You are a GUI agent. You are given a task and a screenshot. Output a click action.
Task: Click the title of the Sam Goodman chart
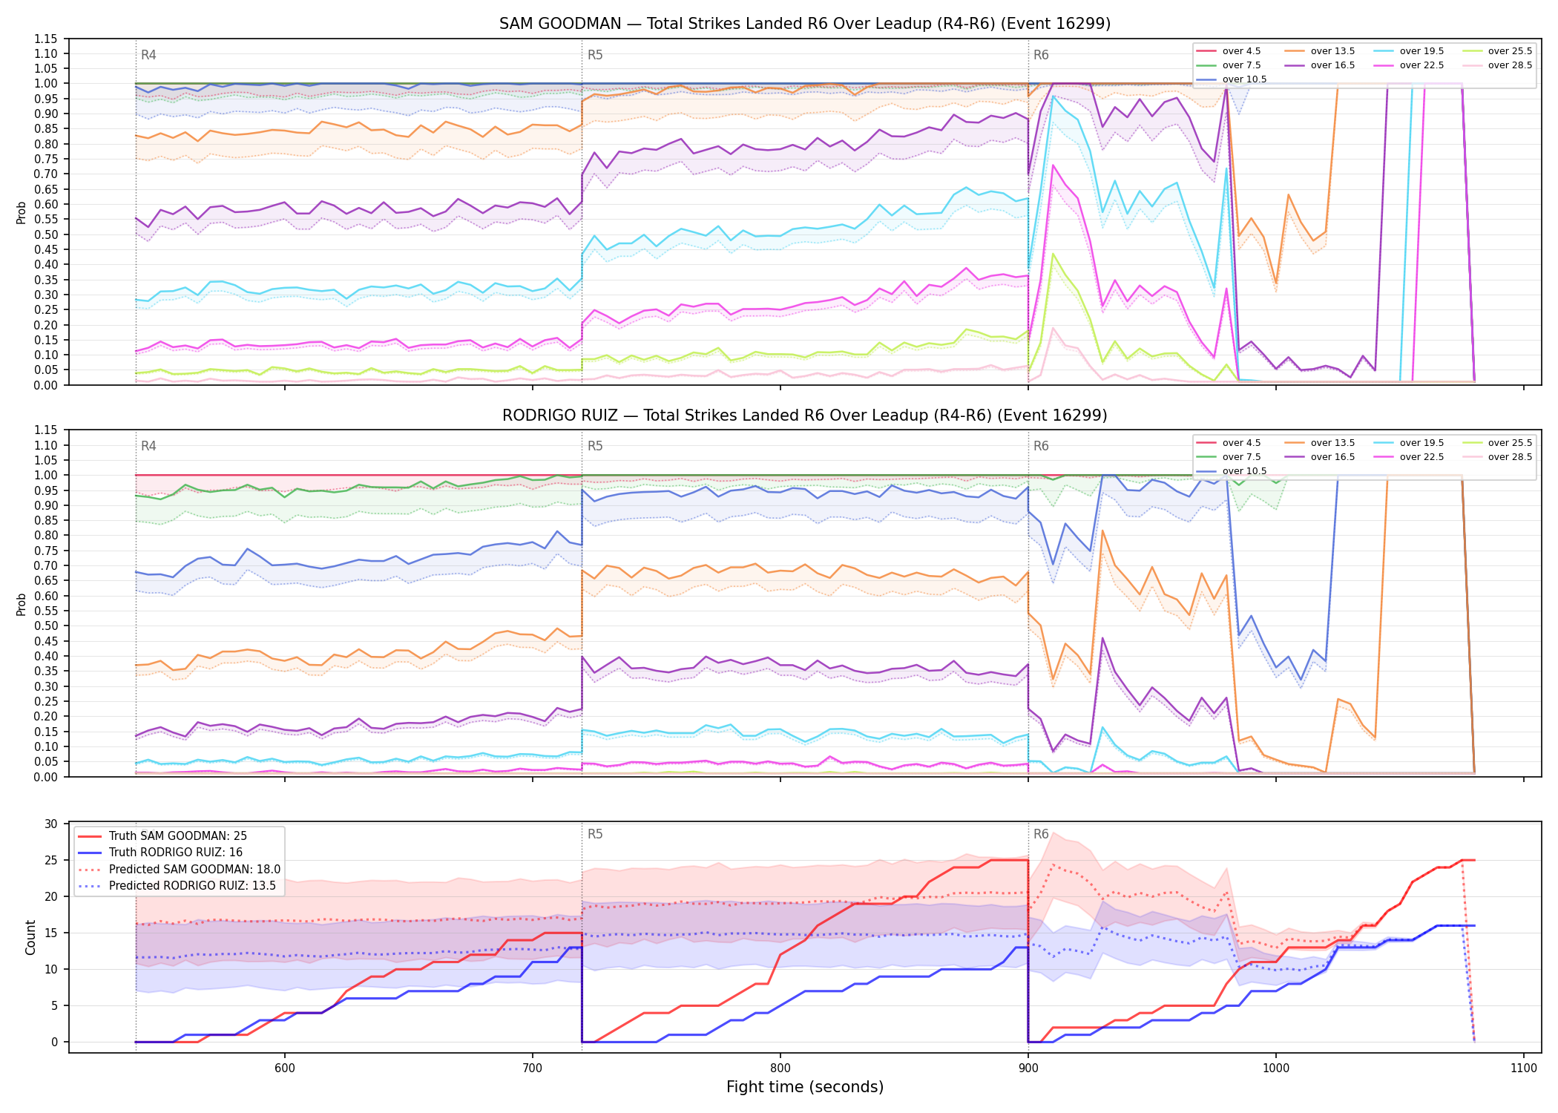pyautogui.click(x=805, y=24)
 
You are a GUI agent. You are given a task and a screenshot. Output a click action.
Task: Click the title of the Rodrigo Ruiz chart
pyautogui.click(x=805, y=416)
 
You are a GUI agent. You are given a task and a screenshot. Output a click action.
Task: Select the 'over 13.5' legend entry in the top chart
pyautogui.click(x=1320, y=51)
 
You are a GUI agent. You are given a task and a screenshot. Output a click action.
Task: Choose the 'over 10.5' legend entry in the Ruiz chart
pyautogui.click(x=1232, y=471)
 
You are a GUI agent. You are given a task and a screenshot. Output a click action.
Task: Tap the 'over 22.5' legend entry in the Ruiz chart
pyautogui.click(x=1409, y=457)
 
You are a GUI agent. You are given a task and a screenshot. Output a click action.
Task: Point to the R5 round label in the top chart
pyautogui.click(x=595, y=55)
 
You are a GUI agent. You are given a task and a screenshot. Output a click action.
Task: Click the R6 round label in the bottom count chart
pyautogui.click(x=1041, y=834)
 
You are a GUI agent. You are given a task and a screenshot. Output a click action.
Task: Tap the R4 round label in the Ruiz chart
pyautogui.click(x=148, y=446)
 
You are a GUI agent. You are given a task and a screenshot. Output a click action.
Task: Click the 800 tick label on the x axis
pyautogui.click(x=780, y=1068)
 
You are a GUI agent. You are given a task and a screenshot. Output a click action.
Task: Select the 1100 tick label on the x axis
pyautogui.click(x=1523, y=1068)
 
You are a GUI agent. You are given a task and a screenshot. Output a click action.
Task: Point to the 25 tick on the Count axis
pyautogui.click(x=51, y=861)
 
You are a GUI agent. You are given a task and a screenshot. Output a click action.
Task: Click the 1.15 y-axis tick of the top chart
pyautogui.click(x=46, y=39)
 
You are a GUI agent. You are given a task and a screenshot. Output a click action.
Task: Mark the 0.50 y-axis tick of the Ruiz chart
pyautogui.click(x=46, y=626)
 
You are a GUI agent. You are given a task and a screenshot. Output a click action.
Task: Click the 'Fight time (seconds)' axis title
pyautogui.click(x=805, y=1087)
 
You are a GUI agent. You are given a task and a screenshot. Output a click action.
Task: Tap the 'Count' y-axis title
pyautogui.click(x=30, y=937)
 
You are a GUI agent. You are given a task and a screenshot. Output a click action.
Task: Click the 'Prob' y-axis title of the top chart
pyautogui.click(x=22, y=212)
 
